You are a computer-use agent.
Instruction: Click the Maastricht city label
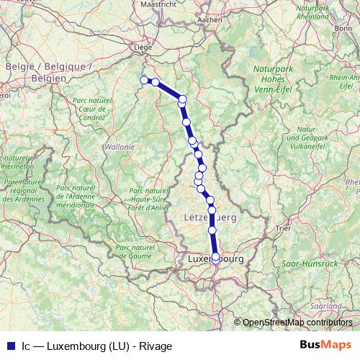(x=158, y=4)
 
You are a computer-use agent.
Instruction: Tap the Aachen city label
(x=210, y=19)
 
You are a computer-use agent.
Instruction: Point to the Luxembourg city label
(x=215, y=257)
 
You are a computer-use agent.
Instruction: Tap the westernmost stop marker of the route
(x=144, y=80)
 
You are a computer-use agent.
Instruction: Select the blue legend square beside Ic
(x=11, y=346)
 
